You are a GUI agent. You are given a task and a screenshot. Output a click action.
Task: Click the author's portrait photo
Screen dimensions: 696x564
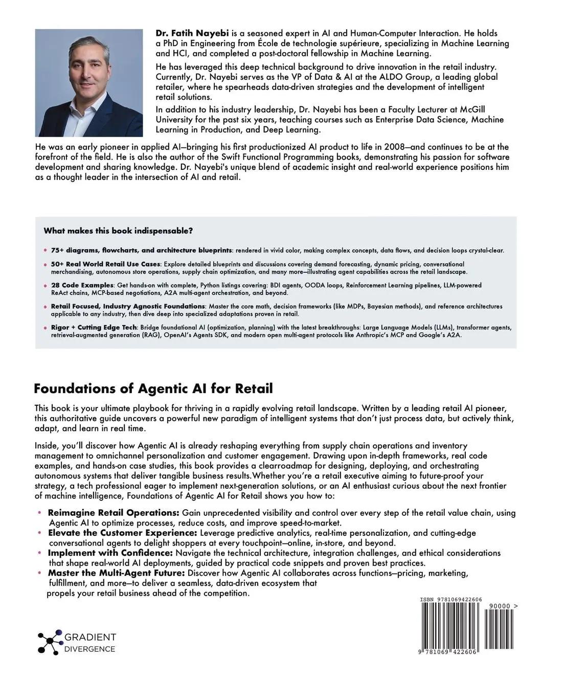pyautogui.click(x=89, y=82)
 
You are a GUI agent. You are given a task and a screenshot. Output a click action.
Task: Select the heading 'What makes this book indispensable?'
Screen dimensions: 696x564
pyautogui.click(x=118, y=231)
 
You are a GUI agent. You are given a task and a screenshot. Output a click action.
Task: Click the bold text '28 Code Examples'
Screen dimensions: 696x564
pyautogui.click(x=82, y=285)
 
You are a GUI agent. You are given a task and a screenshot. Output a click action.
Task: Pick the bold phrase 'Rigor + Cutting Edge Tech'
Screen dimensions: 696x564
pyautogui.click(x=94, y=328)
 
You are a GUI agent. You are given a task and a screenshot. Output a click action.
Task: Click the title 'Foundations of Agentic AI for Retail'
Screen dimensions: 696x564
pyautogui.click(x=153, y=388)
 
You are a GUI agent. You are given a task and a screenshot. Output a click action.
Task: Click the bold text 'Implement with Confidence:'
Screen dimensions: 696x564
pyautogui.click(x=110, y=553)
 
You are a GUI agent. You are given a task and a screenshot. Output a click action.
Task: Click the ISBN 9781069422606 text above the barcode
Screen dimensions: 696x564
pyautogui.click(x=450, y=600)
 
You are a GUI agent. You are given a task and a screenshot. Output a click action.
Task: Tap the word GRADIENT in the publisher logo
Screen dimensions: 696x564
pyautogui.click(x=90, y=638)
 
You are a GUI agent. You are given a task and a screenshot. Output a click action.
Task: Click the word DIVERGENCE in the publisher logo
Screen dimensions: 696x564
pyautogui.click(x=89, y=649)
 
